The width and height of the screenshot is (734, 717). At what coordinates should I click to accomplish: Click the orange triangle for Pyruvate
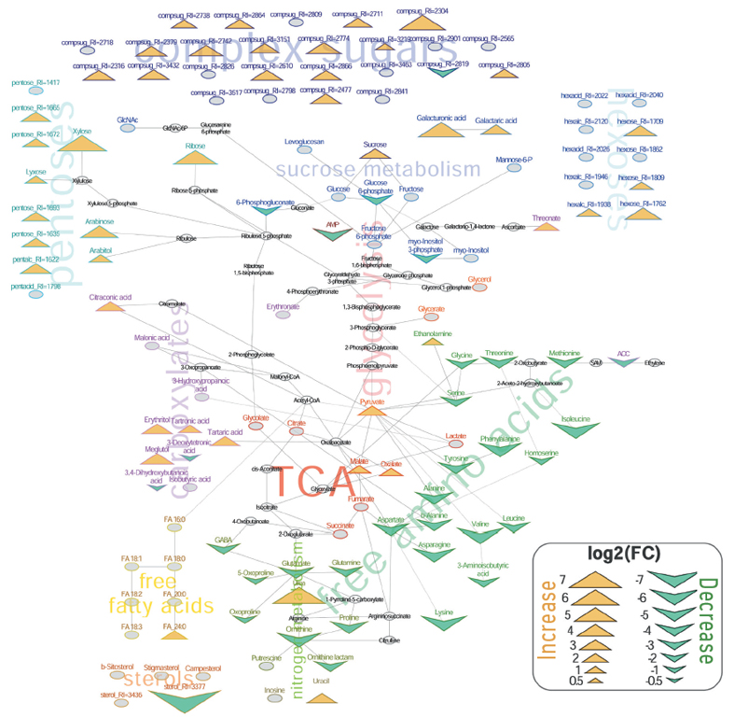(371, 411)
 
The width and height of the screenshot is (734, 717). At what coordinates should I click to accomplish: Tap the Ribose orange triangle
(195, 156)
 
